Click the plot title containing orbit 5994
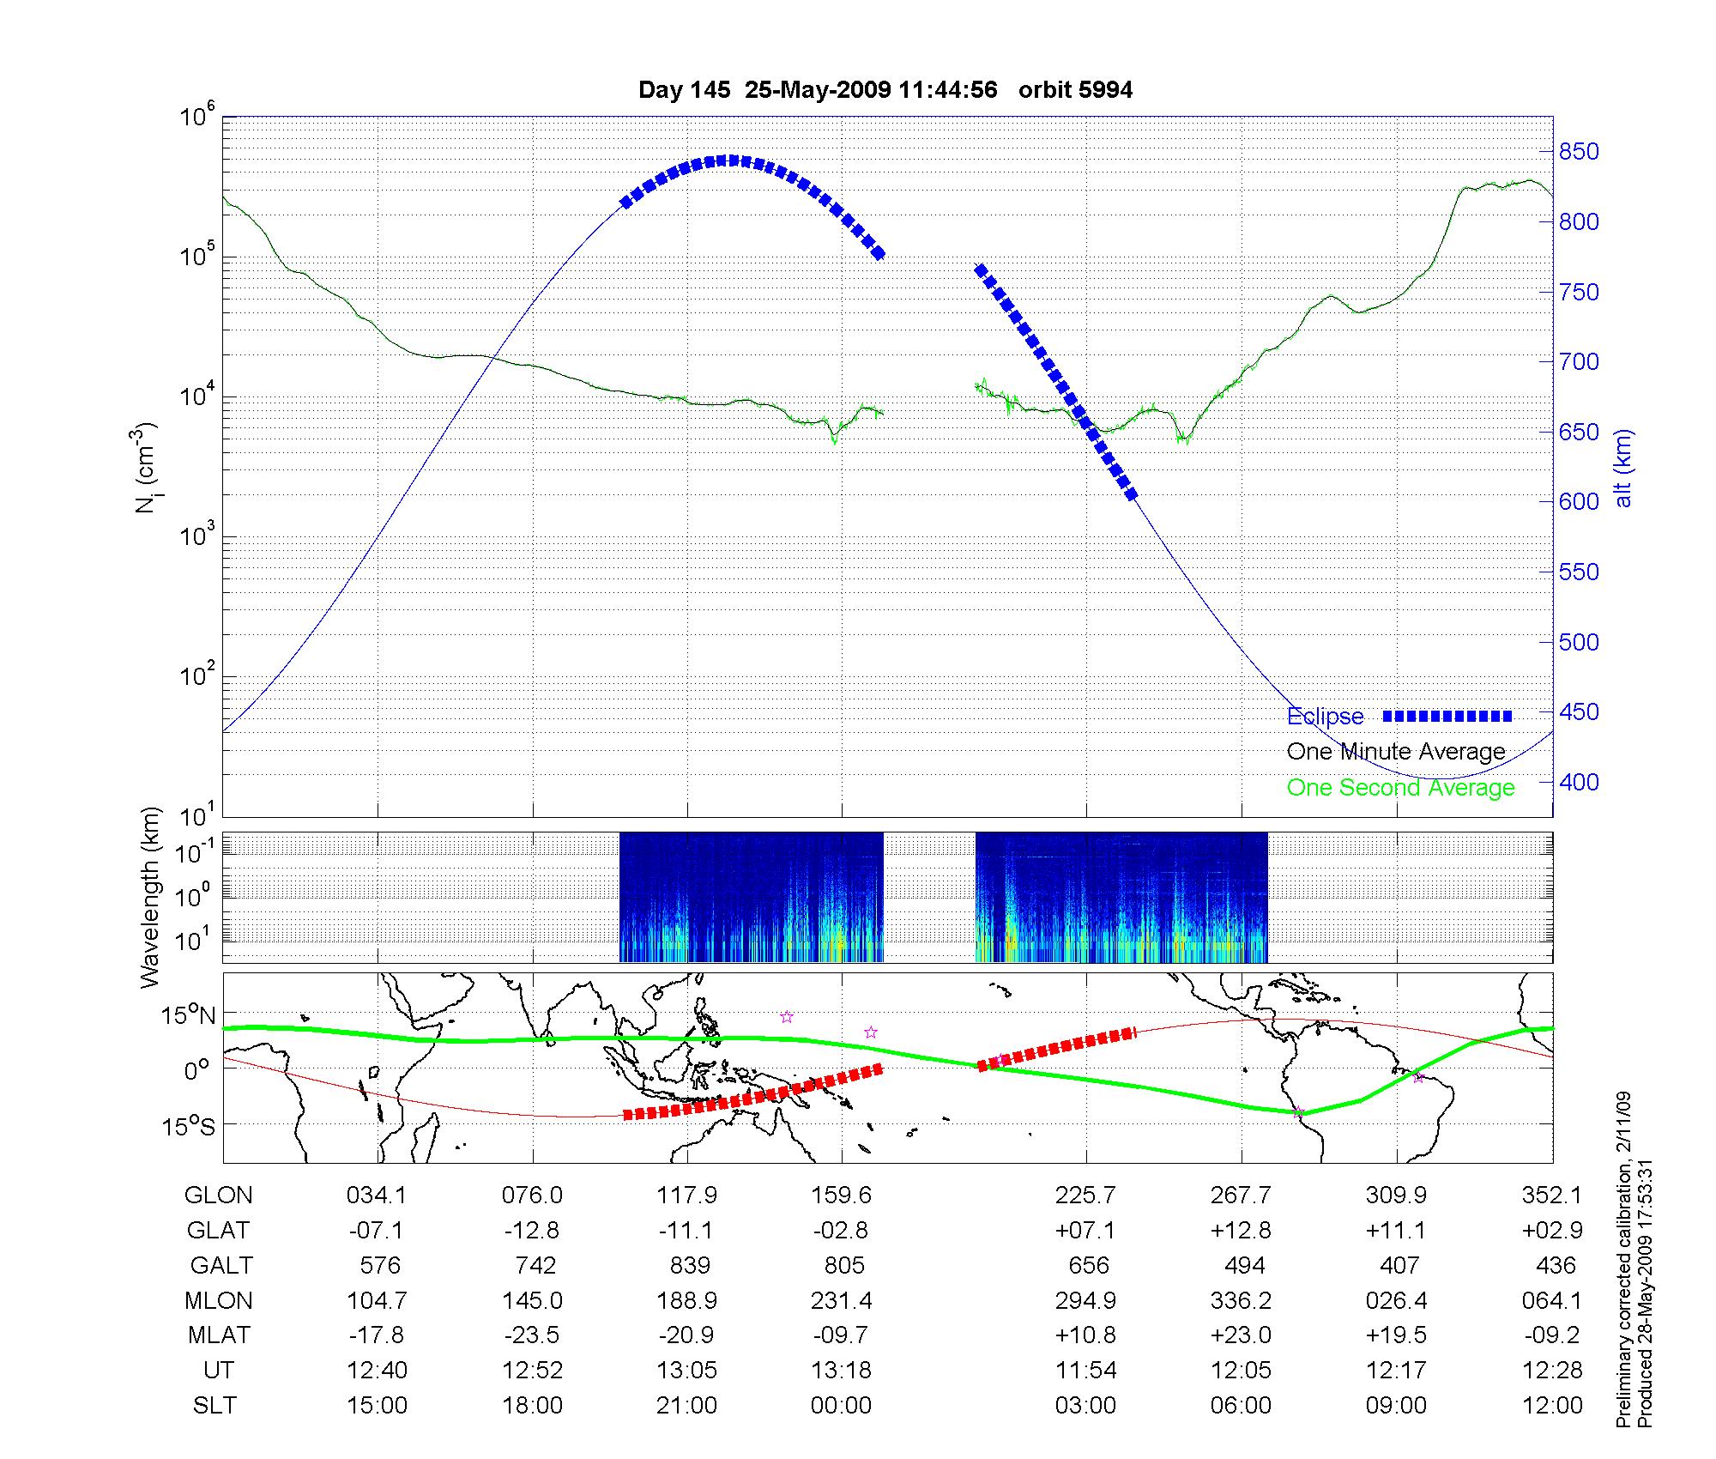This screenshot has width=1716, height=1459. click(885, 90)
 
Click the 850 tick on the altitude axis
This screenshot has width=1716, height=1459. click(1579, 152)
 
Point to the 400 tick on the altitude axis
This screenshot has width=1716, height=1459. click(1579, 782)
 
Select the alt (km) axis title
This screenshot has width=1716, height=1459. click(1622, 468)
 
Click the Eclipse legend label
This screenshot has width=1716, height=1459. click(1325, 717)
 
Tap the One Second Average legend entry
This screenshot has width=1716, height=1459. click(1400, 788)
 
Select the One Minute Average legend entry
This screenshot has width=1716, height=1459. click(1396, 752)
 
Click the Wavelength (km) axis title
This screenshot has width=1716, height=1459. click(150, 897)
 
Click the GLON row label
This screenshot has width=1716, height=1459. click(218, 1196)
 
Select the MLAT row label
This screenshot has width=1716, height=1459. click(218, 1335)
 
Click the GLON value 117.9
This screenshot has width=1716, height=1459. click(686, 1196)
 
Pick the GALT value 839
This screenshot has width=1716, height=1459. click(690, 1266)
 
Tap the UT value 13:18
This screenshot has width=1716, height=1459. click(841, 1371)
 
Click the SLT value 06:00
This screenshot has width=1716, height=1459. click(1241, 1406)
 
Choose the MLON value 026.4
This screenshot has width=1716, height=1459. click(1396, 1301)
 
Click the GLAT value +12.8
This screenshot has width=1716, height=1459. click(1241, 1231)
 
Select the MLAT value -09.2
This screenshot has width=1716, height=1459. click(1551, 1335)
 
